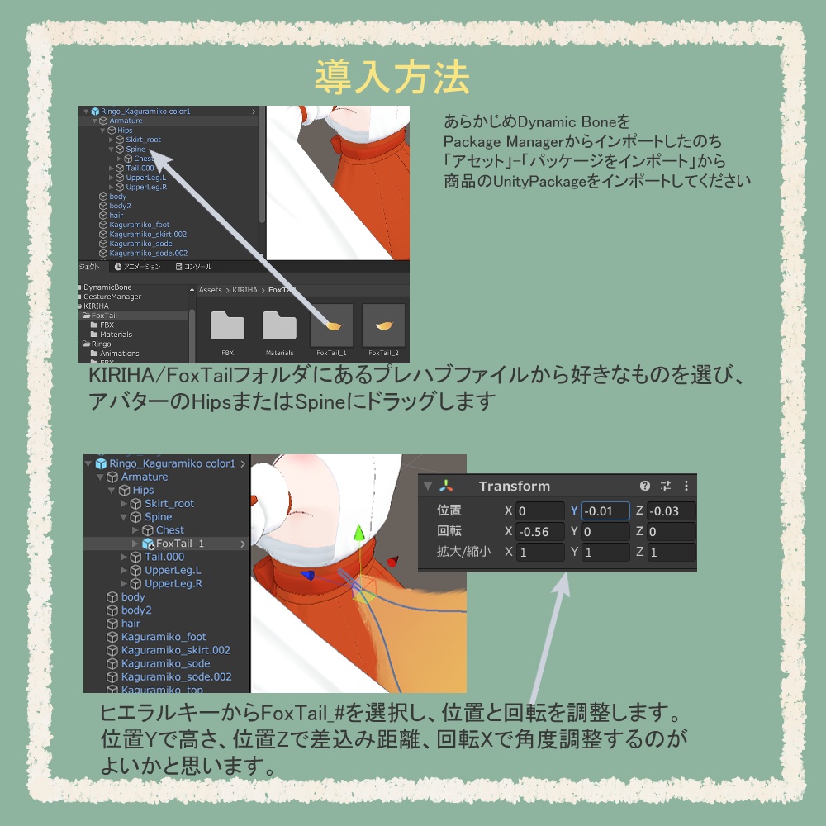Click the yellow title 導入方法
(x=392, y=78)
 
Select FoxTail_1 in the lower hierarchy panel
(x=179, y=544)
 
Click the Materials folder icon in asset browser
(x=279, y=325)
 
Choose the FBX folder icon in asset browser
(x=227, y=325)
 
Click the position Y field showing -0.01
(x=605, y=511)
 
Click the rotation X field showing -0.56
(x=540, y=532)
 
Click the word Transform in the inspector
(x=514, y=487)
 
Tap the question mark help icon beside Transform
(x=645, y=487)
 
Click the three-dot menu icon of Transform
(x=686, y=487)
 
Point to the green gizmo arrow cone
(x=358, y=534)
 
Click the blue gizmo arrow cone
(x=307, y=575)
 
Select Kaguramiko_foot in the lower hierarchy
(x=164, y=637)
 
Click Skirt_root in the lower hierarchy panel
(x=169, y=504)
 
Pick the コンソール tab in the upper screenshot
(x=197, y=267)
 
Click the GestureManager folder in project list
(x=112, y=297)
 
